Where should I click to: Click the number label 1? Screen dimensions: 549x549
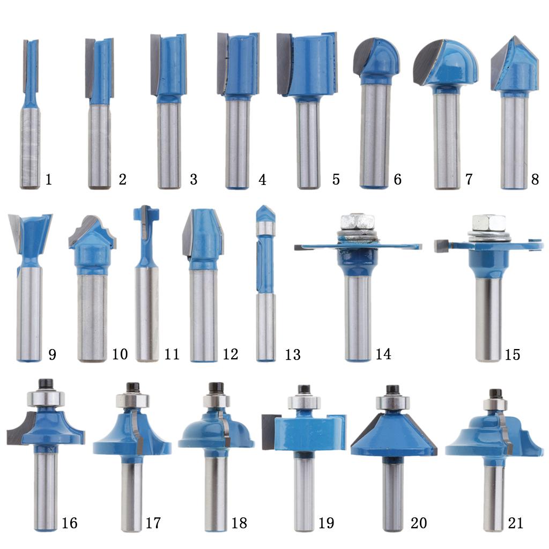point(49,179)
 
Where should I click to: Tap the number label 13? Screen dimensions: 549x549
point(293,355)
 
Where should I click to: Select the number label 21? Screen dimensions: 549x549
point(515,523)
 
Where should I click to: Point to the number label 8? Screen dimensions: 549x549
point(535,179)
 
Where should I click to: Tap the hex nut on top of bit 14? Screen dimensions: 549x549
point(357,221)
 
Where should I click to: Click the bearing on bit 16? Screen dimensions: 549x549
point(46,398)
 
